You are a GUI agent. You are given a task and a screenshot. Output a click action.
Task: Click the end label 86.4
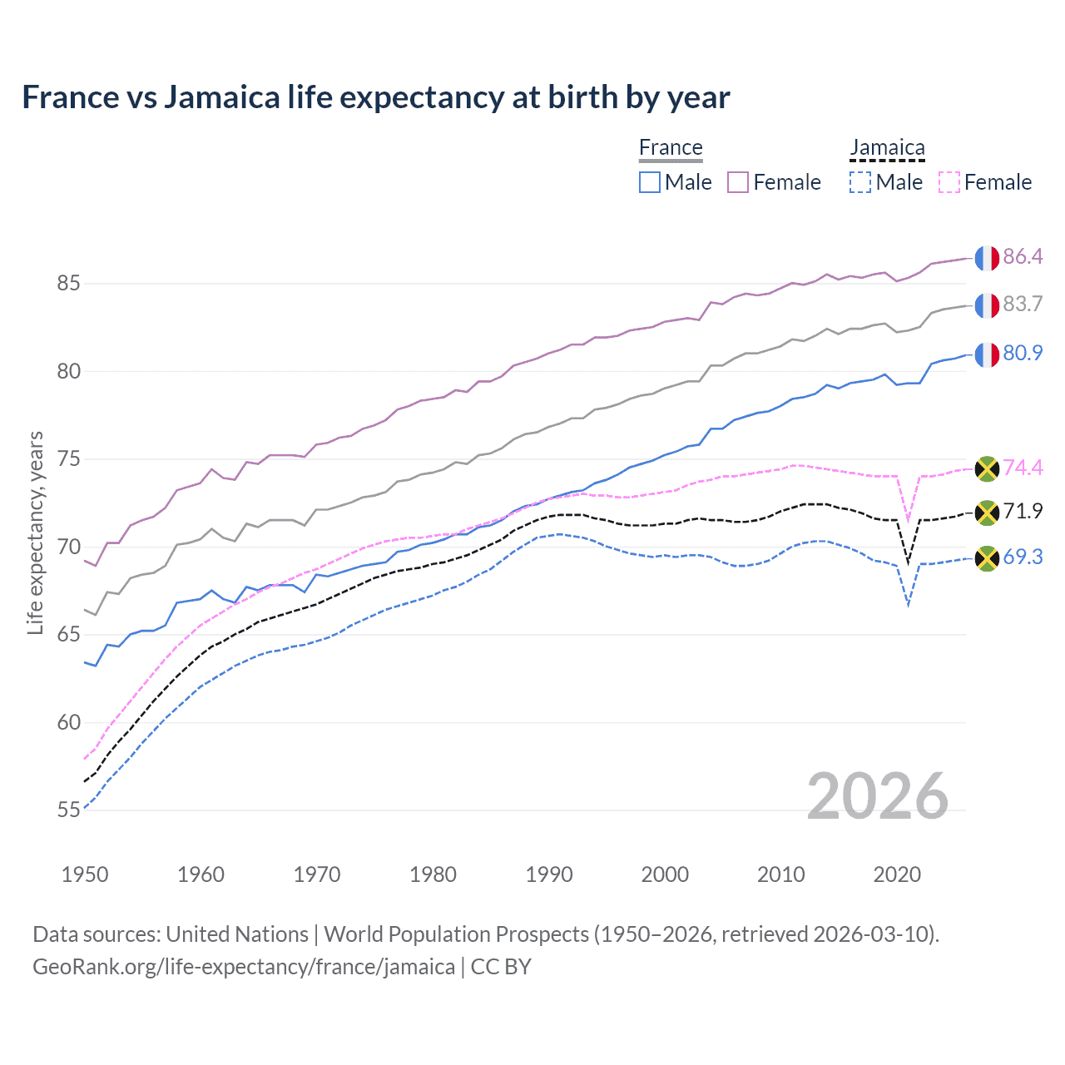tap(1023, 256)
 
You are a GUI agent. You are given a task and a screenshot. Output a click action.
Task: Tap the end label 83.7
tap(1023, 304)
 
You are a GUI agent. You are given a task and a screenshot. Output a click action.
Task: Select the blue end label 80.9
tap(1023, 353)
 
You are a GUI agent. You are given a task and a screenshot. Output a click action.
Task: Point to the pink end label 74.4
tap(1023, 468)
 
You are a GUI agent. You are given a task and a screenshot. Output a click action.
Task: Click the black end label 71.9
tap(1023, 511)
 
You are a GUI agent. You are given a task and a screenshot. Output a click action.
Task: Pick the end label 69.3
tap(1023, 557)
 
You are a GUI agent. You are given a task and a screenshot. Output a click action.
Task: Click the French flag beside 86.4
tap(987, 258)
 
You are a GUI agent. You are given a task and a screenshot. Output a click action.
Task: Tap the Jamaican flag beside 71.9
tap(987, 513)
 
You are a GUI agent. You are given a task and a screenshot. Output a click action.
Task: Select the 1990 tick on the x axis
tap(549, 874)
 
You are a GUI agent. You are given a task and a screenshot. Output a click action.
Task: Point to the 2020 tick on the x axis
tap(897, 874)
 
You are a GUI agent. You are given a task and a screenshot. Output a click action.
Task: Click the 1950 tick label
tap(85, 874)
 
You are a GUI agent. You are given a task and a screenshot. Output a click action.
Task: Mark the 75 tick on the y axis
tap(68, 459)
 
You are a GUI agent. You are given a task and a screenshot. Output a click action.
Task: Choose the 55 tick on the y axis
tap(68, 810)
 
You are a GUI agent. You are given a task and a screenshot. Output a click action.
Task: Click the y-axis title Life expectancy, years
tap(35, 532)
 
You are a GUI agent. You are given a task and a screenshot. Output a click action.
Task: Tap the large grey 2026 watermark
tap(878, 796)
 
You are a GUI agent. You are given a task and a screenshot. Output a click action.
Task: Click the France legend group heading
tap(671, 147)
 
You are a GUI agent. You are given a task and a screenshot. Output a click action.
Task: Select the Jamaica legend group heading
tap(887, 147)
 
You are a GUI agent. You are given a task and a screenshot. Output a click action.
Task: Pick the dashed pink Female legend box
tap(949, 182)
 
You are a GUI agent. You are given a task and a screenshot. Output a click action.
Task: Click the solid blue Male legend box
tap(650, 182)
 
